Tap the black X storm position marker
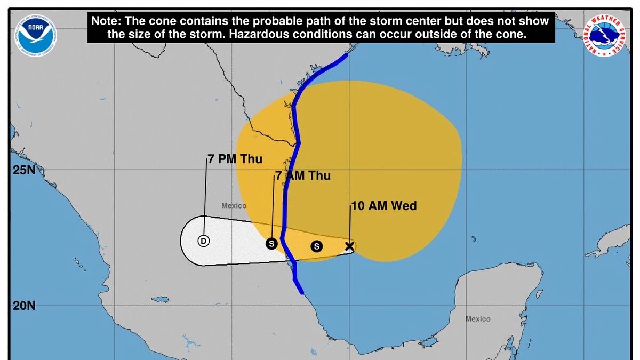coord(349,246)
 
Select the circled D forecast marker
coord(203,241)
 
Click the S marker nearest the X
coord(317,246)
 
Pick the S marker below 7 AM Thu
coord(271,244)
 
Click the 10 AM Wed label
coord(383,206)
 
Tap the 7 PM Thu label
coord(235,159)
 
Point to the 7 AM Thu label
coord(303,175)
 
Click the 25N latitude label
coord(23,171)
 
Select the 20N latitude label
coord(23,306)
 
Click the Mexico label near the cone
coord(234,205)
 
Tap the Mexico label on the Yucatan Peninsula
coord(477,319)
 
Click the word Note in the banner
coord(108,21)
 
